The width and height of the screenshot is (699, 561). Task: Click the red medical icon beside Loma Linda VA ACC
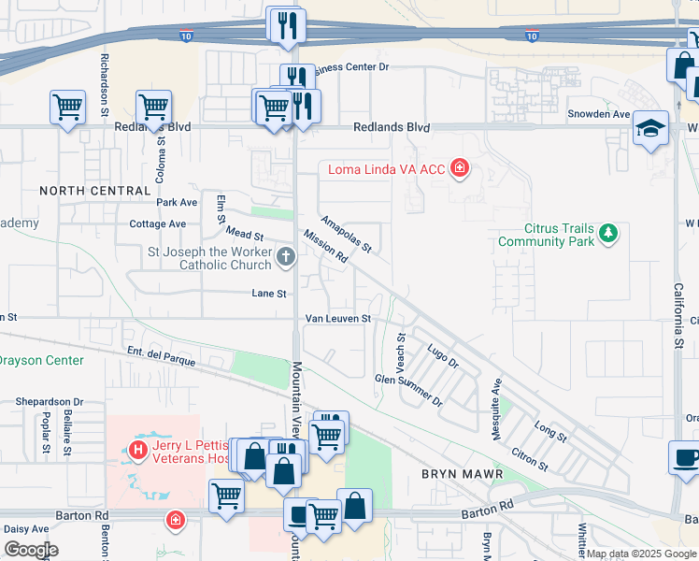459,168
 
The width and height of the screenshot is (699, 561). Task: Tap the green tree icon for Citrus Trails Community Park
608,232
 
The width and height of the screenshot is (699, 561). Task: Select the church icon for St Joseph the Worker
286,255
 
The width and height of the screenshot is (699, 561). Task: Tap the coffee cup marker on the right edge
686,458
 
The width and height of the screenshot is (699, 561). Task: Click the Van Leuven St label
338,319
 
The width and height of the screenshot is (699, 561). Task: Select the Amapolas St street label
347,235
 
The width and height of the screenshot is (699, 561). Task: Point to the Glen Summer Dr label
408,390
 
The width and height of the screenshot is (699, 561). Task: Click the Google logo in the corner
31,550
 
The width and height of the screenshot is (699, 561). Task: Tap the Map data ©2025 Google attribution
641,554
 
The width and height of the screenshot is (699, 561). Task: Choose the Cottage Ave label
157,224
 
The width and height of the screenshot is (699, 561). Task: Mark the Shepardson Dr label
50,401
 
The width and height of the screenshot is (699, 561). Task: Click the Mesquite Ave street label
497,410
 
